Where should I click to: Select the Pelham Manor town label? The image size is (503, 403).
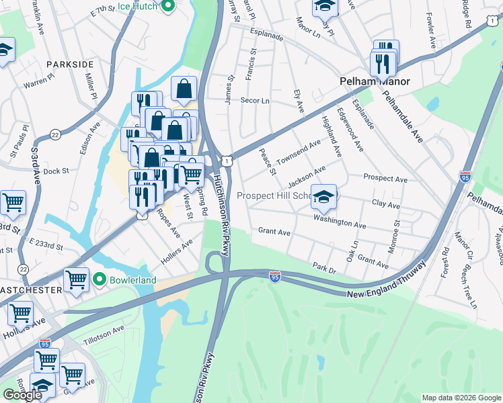coord(373,81)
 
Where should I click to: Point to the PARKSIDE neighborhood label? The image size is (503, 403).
coord(70,64)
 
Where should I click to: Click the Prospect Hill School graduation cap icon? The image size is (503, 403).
coord(323,195)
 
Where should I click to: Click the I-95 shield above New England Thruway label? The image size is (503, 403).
coord(274,276)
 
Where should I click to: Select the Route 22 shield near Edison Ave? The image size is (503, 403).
coord(55,135)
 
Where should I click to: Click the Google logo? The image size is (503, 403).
coord(22,395)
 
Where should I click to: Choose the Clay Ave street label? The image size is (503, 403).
coord(385,204)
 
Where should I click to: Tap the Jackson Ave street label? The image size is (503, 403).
coord(306,176)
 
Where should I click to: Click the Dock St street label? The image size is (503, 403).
coord(56,171)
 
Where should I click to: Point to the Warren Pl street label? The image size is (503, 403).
coord(38,85)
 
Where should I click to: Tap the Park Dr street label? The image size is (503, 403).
coord(323,267)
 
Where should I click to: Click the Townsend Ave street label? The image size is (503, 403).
coord(298,152)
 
